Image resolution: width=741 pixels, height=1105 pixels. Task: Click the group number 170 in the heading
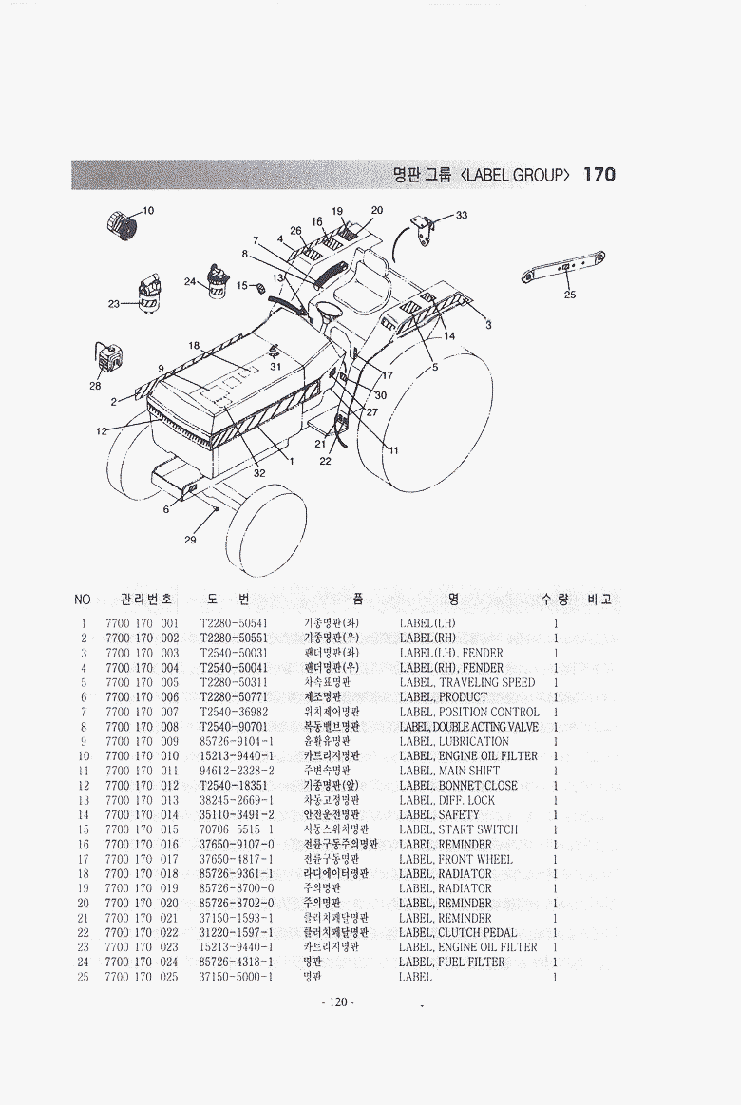click(x=598, y=174)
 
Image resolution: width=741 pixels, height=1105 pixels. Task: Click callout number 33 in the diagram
click(x=462, y=216)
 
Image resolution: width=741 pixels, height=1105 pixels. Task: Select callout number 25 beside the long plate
click(x=569, y=295)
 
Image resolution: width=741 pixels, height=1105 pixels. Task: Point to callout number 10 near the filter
click(x=148, y=210)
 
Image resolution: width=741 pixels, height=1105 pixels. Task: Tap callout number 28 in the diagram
click(x=95, y=386)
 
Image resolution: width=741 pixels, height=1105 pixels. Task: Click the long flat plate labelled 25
click(x=566, y=268)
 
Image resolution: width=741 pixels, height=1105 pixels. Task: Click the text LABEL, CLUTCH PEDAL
click(x=458, y=933)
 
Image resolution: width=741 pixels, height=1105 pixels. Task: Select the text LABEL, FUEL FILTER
click(x=452, y=962)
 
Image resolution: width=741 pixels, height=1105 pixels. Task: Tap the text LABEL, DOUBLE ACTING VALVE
click(x=469, y=727)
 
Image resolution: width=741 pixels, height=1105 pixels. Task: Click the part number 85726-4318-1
click(x=237, y=962)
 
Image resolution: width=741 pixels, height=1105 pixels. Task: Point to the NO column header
click(x=83, y=600)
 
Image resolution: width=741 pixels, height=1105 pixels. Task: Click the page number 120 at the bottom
click(x=337, y=1002)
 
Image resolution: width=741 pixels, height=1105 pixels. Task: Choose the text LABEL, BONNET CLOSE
click(x=458, y=786)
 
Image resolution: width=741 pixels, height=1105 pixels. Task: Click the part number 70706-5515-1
click(x=237, y=829)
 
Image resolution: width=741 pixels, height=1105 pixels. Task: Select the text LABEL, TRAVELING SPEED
click(x=466, y=682)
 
